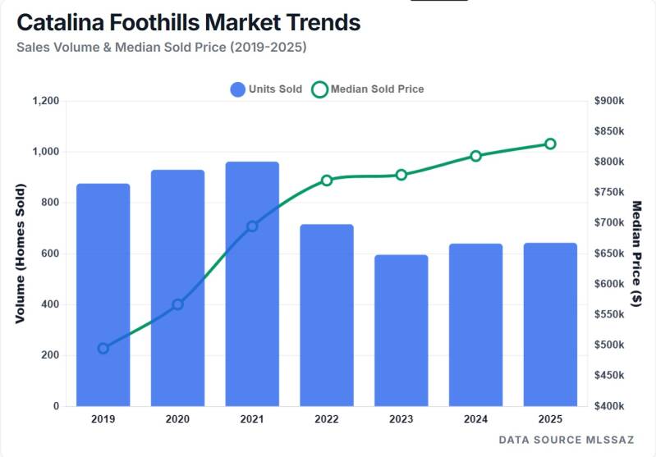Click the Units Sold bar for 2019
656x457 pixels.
103,295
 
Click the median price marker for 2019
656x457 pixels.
103,349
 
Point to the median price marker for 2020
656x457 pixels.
177,304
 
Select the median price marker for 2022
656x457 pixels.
327,181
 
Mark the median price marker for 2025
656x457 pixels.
550,144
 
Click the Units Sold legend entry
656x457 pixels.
266,89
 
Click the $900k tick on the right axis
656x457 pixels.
609,101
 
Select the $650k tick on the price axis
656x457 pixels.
609,254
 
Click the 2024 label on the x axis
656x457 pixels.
475,419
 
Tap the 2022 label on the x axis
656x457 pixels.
327,419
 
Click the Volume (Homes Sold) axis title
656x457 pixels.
20,254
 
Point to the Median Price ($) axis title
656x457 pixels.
637,254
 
